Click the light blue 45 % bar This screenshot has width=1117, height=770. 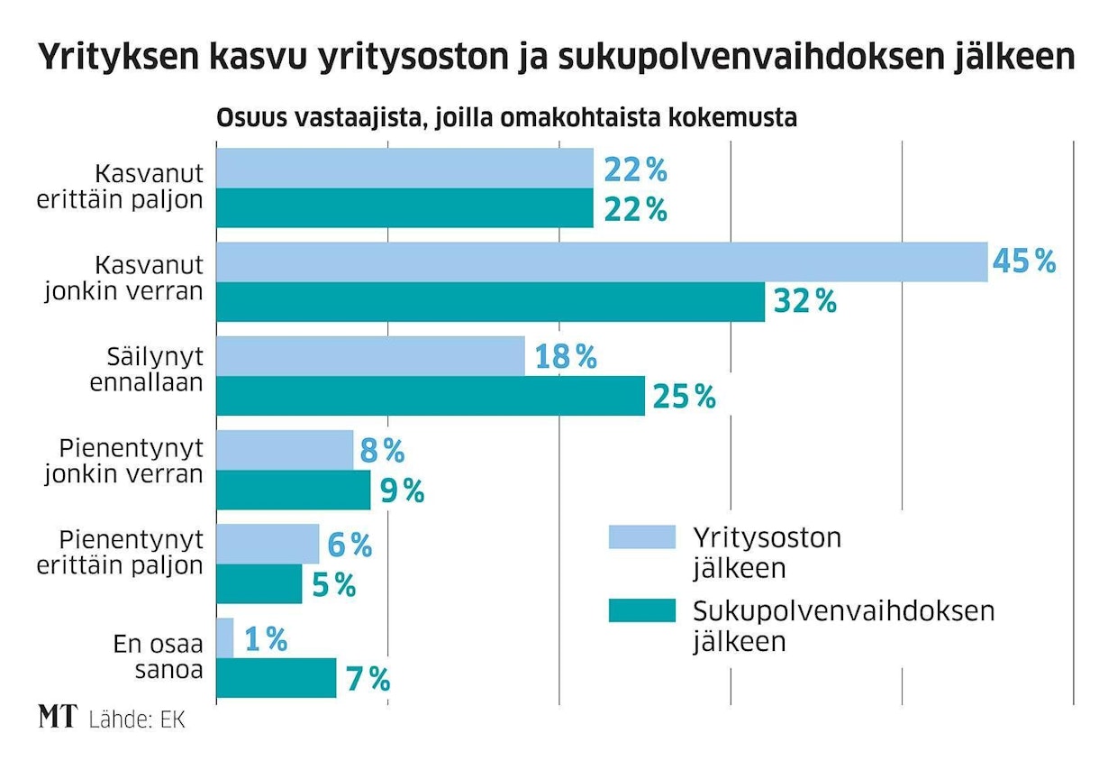[602, 262]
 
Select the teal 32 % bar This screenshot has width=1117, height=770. [491, 302]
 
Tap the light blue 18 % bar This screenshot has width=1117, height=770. [370, 356]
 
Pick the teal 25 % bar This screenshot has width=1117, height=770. [431, 396]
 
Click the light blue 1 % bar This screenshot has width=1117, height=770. [225, 637]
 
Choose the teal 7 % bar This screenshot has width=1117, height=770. [277, 677]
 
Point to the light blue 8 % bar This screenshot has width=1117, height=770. [285, 450]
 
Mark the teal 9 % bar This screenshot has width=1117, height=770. [294, 490]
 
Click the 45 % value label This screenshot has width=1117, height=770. [1023, 262]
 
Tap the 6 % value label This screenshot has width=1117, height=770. [350, 545]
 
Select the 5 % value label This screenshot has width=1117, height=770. [333, 585]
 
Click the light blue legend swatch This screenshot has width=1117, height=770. [641, 536]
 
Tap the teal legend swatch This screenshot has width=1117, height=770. [641, 610]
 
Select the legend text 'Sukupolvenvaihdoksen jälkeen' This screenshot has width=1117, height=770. [842, 625]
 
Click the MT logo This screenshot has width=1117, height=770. [59, 718]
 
